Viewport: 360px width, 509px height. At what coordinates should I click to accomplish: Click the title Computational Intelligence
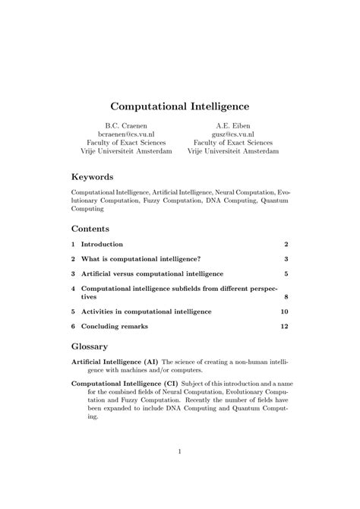click(180, 99)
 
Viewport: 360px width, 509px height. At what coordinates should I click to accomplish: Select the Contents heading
click(90, 229)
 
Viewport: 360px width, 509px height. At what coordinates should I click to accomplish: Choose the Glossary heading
click(91, 346)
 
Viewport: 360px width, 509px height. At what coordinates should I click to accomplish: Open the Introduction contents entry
click(102, 245)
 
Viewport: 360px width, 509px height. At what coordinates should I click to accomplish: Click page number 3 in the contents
click(286, 258)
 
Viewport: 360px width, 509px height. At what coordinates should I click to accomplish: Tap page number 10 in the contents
click(284, 311)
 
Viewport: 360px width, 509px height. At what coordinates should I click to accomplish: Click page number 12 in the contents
click(284, 326)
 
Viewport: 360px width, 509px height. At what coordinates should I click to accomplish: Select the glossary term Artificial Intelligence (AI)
click(115, 362)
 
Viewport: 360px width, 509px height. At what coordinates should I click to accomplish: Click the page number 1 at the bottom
click(180, 453)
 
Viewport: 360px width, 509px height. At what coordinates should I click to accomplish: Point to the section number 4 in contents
click(73, 289)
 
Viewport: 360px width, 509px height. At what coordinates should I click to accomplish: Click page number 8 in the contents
click(286, 298)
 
